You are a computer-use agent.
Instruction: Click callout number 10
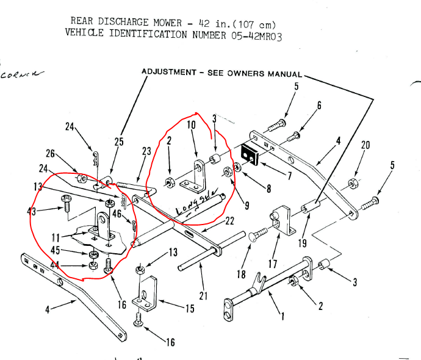pos(190,124)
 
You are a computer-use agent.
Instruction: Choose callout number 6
pos(318,105)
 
